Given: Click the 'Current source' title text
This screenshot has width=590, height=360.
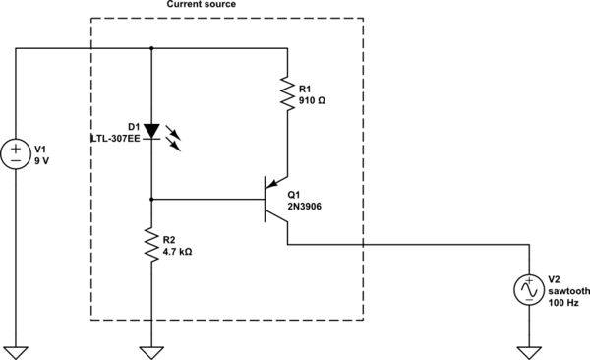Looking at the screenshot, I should [203, 5].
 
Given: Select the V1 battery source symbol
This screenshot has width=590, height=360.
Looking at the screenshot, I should [17, 153].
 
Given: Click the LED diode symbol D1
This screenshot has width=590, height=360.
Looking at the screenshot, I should [150, 132].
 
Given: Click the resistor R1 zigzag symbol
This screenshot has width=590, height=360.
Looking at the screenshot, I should [287, 94].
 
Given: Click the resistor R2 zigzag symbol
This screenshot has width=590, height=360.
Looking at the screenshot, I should [150, 245].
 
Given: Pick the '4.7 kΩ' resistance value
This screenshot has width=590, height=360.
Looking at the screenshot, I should [176, 252].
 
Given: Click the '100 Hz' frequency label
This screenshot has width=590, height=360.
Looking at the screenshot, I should [563, 303].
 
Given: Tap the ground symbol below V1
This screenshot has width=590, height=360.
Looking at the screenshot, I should [17, 351].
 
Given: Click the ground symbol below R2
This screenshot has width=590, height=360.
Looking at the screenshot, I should [150, 351].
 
